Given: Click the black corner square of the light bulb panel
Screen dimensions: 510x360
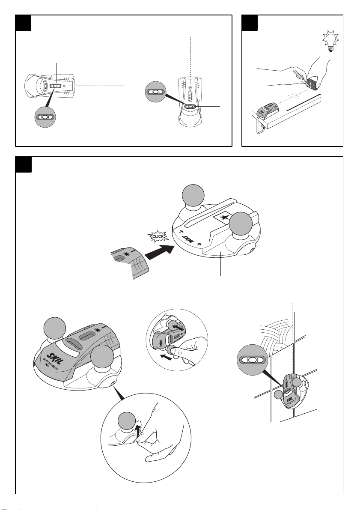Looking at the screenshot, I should click(x=250, y=23).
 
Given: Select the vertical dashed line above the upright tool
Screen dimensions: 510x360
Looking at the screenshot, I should click(x=190, y=56).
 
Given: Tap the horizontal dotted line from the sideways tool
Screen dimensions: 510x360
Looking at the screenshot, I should click(x=101, y=86).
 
